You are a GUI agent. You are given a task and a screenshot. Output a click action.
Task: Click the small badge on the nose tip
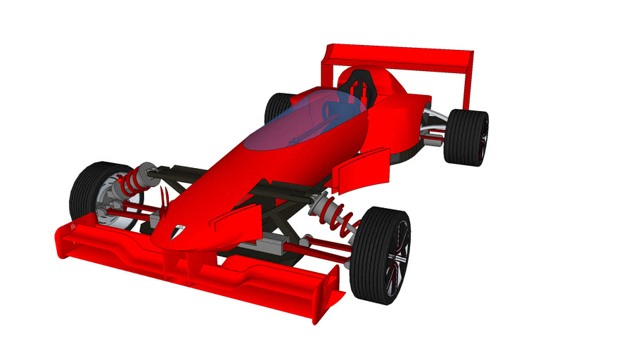179,231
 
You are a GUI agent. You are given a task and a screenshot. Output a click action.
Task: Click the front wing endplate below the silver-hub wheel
64,240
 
